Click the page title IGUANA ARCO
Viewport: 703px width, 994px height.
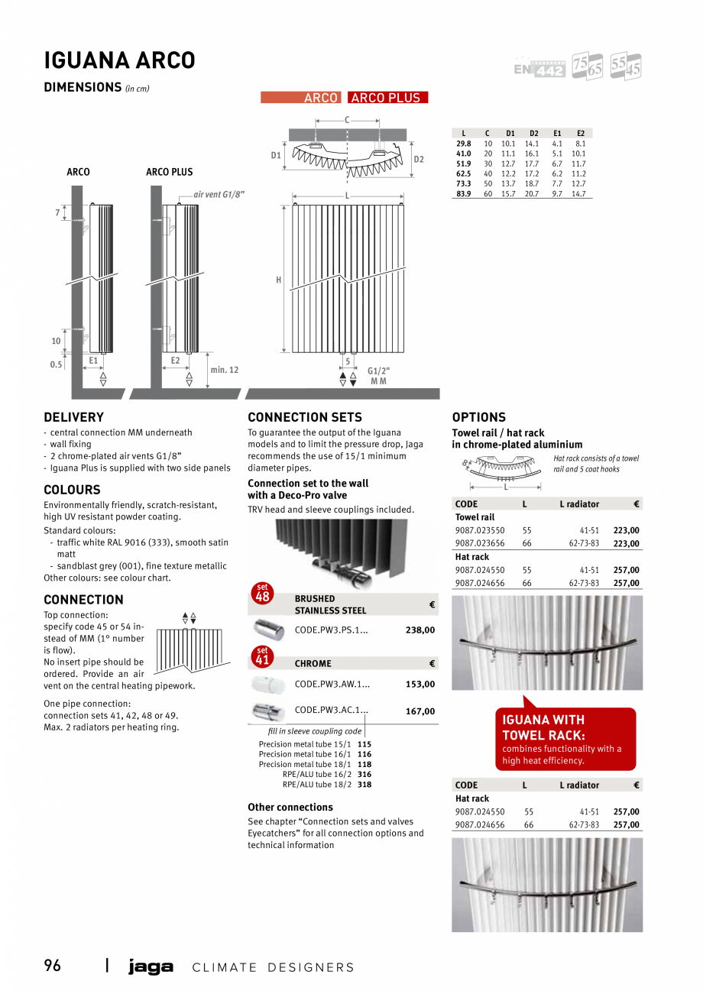119,60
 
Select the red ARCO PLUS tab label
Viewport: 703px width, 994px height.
387,98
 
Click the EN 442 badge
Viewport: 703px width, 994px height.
539,69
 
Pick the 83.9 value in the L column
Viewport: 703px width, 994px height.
463,194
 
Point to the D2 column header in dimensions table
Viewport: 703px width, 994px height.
534,133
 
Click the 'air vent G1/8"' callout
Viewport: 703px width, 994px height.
219,195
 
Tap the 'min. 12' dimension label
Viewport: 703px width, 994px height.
225,370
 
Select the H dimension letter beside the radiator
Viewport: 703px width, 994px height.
279,280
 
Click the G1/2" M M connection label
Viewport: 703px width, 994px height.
378,375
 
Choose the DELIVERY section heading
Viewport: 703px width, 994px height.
73,417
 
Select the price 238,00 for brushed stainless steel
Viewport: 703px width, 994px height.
420,630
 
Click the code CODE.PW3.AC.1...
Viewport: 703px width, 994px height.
331,710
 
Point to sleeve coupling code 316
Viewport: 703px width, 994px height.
364,774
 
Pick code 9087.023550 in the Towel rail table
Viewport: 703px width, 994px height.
480,530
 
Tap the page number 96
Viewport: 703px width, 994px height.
53,966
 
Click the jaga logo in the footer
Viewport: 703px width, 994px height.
151,967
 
